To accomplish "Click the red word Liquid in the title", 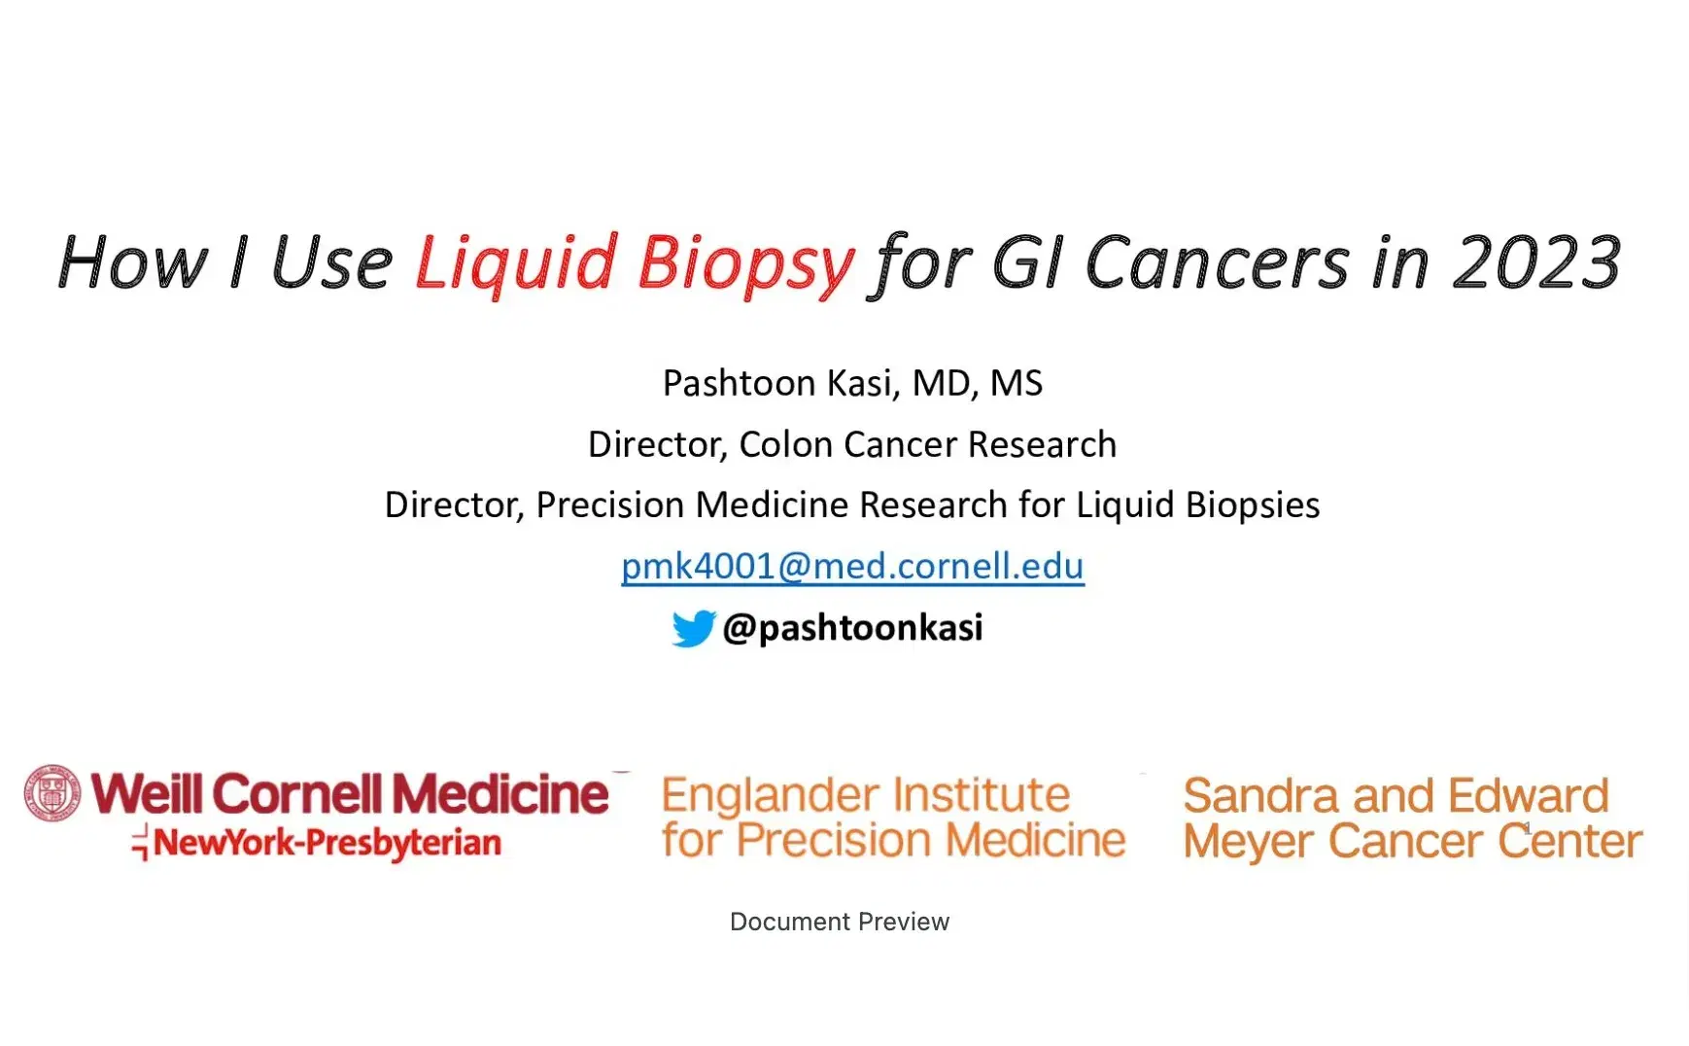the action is point(516,263).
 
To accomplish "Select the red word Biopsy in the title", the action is point(745,264).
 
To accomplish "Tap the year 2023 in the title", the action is point(1536,262).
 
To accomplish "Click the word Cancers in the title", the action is point(1217,263).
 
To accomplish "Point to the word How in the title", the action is point(132,262).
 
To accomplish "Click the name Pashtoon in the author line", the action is point(739,383).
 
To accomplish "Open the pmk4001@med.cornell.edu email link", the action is point(852,566).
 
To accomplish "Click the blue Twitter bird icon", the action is point(693,628).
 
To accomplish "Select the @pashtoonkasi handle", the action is point(852,628).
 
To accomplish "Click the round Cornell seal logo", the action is point(52,793).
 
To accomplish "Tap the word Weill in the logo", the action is point(147,793).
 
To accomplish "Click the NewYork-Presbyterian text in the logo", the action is point(327,843).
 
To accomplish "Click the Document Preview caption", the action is point(840,922).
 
